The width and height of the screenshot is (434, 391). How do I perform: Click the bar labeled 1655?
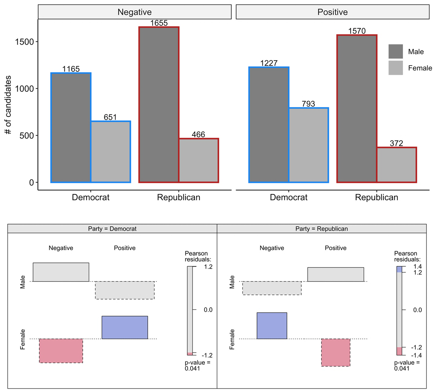pos(159,105)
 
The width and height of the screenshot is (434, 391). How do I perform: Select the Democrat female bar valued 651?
pos(111,152)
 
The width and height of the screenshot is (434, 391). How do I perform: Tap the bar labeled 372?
pos(397,165)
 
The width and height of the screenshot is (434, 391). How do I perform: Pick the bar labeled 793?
pos(309,145)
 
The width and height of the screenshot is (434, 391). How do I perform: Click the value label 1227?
pos(269,63)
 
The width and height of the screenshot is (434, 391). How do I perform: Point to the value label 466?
pos(198,134)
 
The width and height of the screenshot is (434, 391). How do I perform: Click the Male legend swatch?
pos(396,51)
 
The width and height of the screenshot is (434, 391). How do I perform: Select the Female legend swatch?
pos(396,68)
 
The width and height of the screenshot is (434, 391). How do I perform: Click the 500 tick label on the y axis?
pos(27,136)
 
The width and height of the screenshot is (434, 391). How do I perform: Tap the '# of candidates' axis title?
pos(8,105)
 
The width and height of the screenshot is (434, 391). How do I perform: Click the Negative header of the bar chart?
pos(135,12)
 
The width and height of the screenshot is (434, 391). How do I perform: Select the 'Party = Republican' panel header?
pos(321,229)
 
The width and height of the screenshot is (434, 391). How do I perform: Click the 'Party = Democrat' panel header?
pos(112,229)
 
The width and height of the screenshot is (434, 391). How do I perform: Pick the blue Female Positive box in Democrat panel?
pos(125,327)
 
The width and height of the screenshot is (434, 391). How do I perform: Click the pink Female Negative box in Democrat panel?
pos(61,351)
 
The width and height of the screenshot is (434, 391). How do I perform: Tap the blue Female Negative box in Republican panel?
pos(272,325)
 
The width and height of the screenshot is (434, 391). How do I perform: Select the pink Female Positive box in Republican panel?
pos(336,352)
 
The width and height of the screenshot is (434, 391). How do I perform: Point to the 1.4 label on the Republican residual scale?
pos(417,266)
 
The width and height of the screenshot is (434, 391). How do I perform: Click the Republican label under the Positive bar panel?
pos(376,197)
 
